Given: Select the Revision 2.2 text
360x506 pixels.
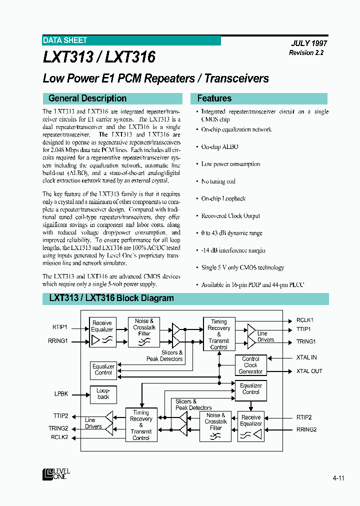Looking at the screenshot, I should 306,53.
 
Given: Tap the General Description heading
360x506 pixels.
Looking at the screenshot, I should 87,98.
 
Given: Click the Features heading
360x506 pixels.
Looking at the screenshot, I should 214,98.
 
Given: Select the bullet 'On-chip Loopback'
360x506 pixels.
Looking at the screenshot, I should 223,198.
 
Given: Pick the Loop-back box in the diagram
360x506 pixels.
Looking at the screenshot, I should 103,393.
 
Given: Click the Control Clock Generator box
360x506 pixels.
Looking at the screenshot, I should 250,365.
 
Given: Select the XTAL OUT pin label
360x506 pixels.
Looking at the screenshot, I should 309,371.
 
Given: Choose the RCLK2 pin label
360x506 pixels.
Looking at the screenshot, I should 59,437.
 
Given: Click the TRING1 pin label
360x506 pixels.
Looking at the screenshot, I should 306,341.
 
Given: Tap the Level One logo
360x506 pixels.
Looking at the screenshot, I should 56,474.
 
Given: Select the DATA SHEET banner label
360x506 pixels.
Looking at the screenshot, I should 65,40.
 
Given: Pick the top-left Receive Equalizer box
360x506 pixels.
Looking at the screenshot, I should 102,332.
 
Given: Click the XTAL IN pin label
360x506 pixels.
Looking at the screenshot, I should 306,357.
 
